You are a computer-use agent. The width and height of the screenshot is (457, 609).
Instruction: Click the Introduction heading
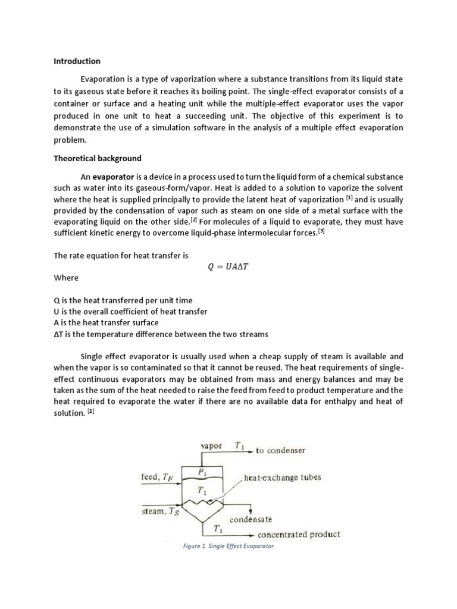click(77, 61)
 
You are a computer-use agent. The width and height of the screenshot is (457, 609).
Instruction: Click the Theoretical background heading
click(97, 158)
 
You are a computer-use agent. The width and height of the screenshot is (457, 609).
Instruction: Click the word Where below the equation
click(65, 278)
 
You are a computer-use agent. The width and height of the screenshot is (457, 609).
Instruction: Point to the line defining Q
click(123, 301)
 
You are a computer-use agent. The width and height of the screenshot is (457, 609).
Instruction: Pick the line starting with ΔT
click(160, 334)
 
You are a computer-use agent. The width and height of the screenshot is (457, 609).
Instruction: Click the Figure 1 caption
click(228, 546)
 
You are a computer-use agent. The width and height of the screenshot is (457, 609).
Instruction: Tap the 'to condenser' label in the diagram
click(280, 450)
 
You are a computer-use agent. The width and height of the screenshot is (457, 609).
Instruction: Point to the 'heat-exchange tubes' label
click(283, 477)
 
